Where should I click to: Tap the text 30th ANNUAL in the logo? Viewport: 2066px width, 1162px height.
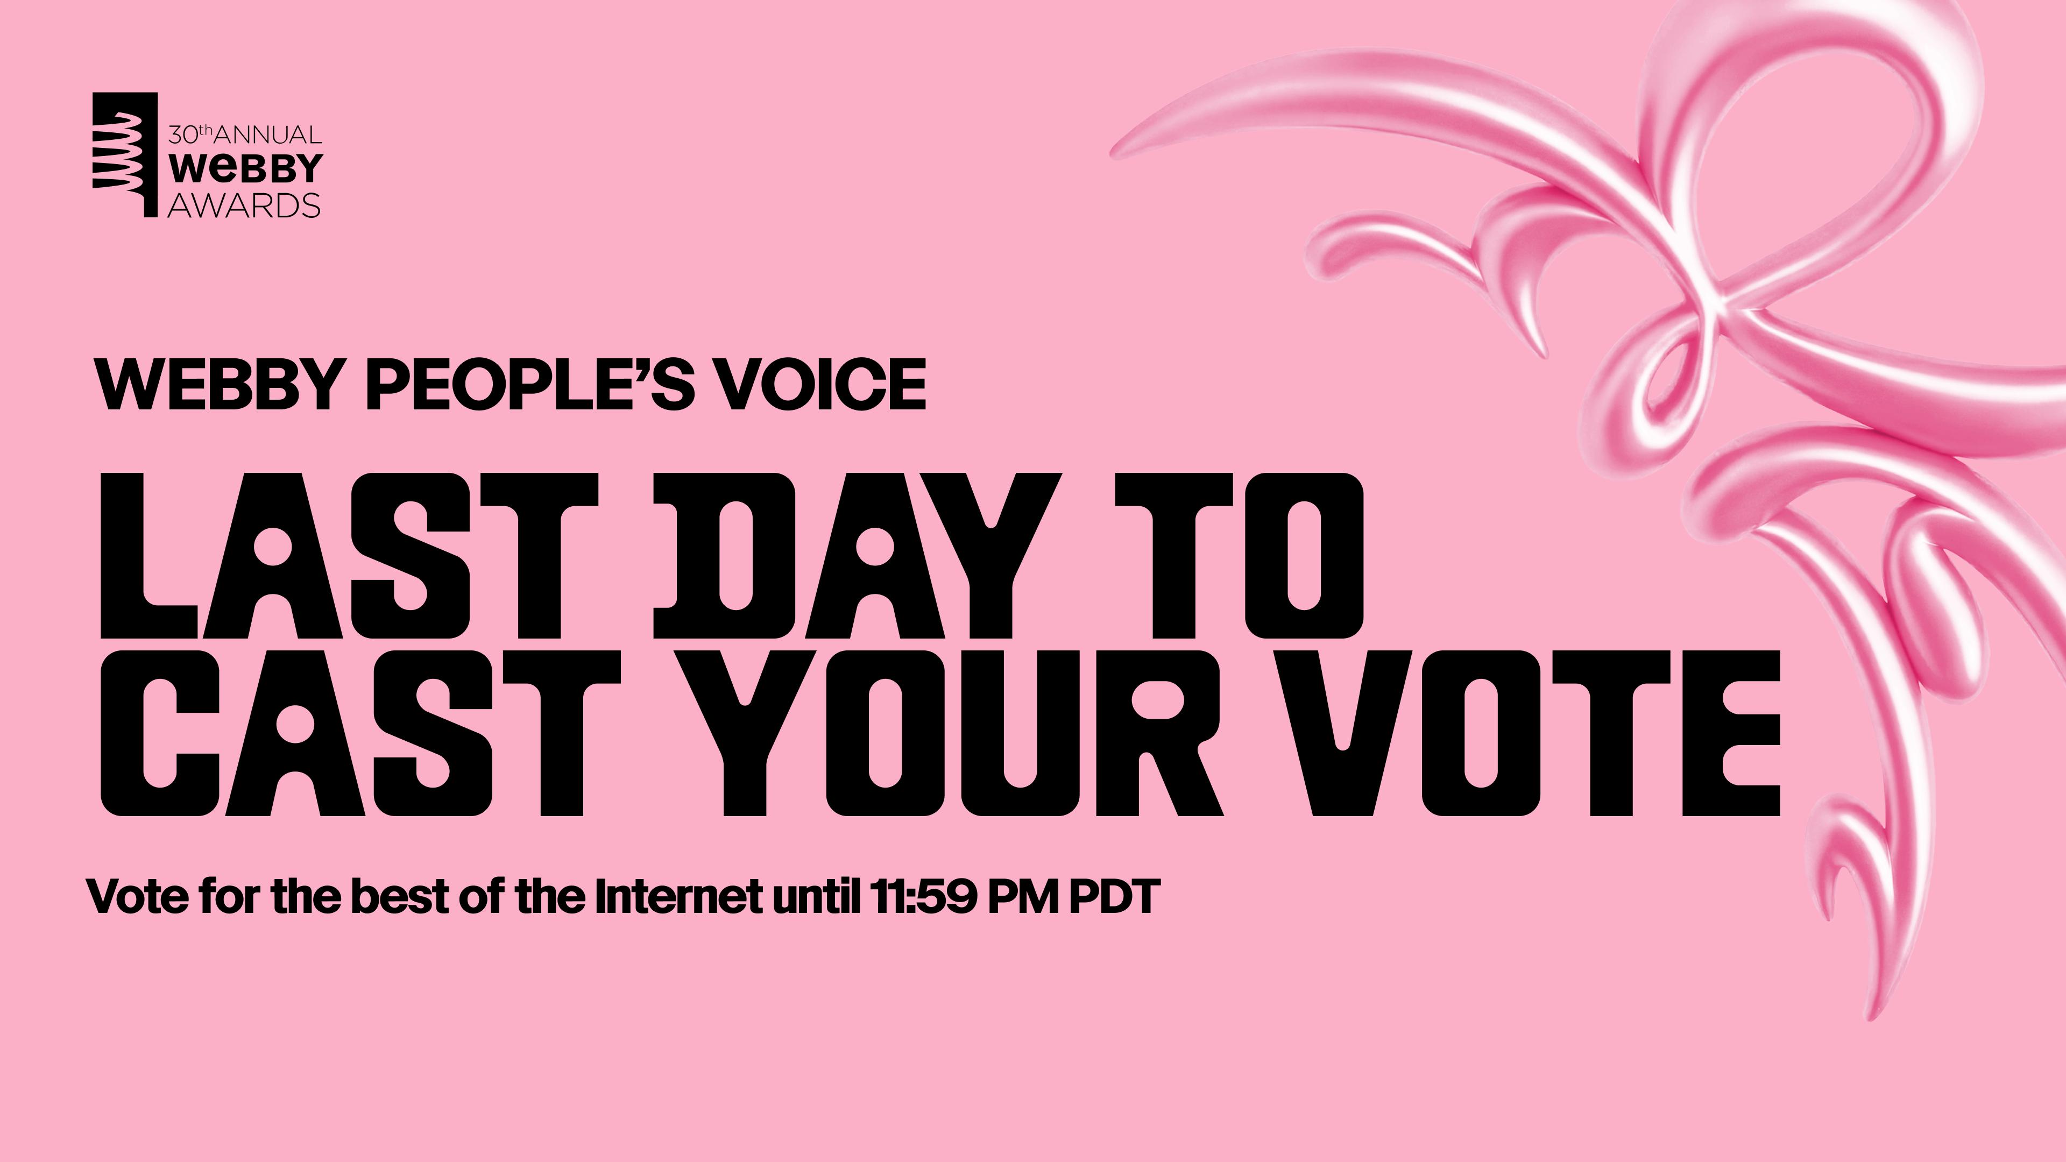[245, 134]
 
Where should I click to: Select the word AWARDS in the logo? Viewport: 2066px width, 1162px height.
[244, 206]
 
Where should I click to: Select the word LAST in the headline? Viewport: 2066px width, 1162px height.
[349, 555]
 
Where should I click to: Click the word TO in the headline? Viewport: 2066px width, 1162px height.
[1239, 555]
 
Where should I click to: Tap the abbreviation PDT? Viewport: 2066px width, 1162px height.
[1114, 897]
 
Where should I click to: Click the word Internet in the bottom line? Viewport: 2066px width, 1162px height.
[678, 897]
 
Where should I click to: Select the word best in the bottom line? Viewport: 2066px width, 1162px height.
[399, 897]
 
